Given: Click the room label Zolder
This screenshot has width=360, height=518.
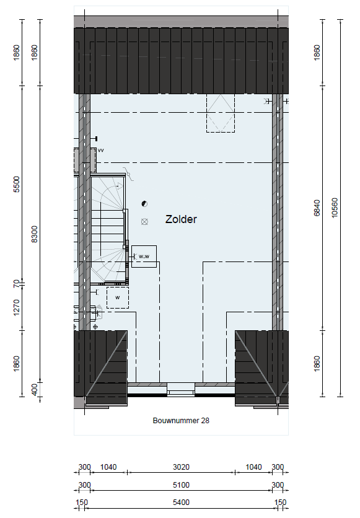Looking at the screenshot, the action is [181, 219].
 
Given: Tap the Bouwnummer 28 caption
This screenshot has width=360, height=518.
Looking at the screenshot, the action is [181, 421].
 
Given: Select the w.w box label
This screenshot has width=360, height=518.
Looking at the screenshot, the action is [144, 257].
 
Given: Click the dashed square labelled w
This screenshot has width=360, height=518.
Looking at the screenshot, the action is [118, 297].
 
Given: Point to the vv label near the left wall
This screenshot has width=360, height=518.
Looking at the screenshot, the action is [101, 151].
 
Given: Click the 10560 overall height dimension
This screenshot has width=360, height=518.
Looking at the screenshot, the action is [335, 208].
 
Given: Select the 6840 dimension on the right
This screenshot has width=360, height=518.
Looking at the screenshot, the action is [317, 208].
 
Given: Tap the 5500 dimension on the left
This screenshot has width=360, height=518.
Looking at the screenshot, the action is [17, 185].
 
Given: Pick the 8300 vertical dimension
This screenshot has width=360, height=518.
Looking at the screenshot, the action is [34, 234].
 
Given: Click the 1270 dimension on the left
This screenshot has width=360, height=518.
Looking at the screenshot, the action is [17, 307].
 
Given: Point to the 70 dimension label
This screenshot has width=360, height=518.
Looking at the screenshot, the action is [17, 283].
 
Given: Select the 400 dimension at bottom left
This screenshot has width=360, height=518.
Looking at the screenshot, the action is [34, 390].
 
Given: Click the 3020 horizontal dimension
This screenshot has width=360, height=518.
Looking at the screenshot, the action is [182, 467].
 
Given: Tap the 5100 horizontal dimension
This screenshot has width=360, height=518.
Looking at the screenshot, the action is [182, 485].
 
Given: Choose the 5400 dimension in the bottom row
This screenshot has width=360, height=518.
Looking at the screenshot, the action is [182, 503].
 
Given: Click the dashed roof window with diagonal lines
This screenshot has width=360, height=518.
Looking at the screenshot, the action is [221, 113].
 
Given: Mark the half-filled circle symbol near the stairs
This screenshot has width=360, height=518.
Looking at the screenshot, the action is [144, 204].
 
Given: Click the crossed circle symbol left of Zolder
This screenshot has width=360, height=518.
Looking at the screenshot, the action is [144, 222].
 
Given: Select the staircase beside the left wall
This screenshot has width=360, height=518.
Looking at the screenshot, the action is [108, 230].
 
